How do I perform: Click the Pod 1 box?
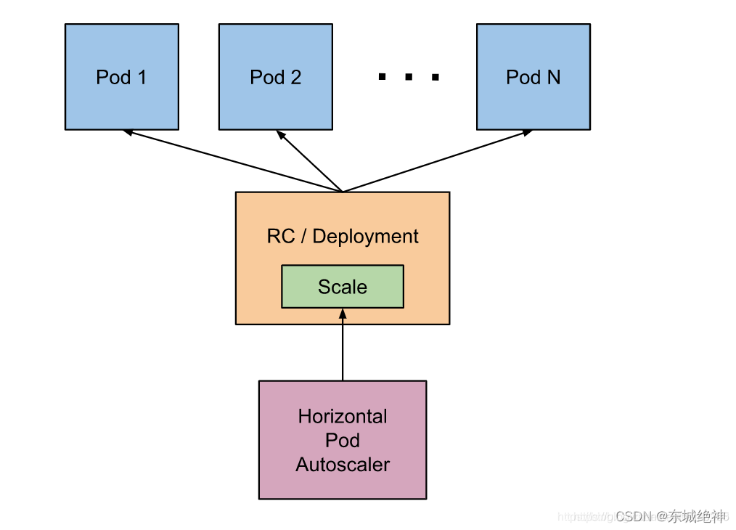121,77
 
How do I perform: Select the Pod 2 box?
275,77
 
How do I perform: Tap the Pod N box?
533,77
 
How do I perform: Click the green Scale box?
342,287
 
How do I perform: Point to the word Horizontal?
343,417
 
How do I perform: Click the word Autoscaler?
343,465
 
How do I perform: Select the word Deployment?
365,237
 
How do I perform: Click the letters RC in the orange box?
281,237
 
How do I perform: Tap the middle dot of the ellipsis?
409,77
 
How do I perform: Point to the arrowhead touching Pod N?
527,132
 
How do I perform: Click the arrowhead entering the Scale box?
343,313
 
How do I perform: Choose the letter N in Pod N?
553,77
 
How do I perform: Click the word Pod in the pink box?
343,441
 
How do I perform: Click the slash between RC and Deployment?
303,237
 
